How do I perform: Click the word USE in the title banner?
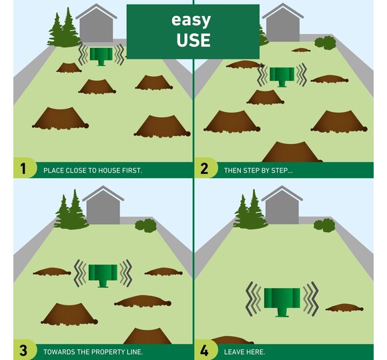[193, 40]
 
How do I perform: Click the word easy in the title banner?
[191, 20]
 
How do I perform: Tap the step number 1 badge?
[23, 169]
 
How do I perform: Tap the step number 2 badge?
[204, 169]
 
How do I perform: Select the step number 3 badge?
[23, 350]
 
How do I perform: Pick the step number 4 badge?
[204, 350]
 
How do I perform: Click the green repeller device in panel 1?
[101, 57]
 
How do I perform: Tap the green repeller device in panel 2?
[282, 77]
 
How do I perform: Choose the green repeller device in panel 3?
[103, 276]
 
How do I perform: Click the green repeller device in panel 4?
[282, 302]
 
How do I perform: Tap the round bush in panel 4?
[324, 225]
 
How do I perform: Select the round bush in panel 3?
[145, 225]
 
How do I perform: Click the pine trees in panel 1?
[63, 29]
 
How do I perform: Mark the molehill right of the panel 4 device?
[344, 307]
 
